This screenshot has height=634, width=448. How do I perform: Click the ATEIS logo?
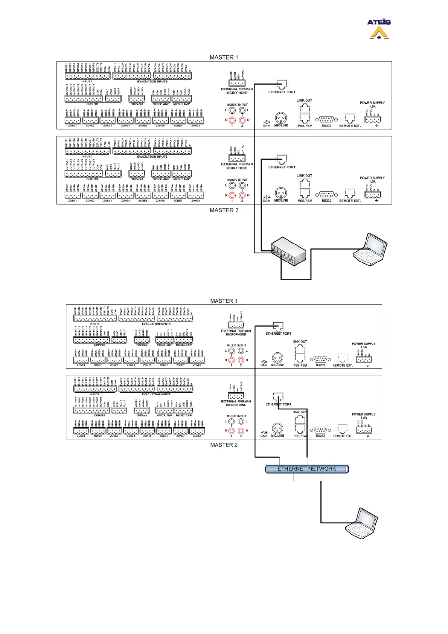click(379, 29)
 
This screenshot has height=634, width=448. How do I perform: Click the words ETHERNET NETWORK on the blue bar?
click(306, 469)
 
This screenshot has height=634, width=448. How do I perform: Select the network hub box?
click(288, 252)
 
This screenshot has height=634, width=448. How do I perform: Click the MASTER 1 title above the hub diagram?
click(224, 57)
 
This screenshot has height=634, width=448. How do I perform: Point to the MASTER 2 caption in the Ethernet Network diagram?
click(224, 445)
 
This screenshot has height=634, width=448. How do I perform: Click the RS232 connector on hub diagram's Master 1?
click(326, 120)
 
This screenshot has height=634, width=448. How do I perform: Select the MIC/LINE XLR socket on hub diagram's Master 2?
click(281, 194)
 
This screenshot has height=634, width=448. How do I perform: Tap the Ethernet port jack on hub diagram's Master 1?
click(282, 85)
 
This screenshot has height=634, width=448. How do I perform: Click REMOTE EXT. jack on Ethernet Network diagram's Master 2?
click(342, 429)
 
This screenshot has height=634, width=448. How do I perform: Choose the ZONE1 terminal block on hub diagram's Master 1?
click(72, 121)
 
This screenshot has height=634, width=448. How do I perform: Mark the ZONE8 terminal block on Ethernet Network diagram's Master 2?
click(197, 431)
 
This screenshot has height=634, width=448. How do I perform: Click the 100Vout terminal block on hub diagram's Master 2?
click(137, 174)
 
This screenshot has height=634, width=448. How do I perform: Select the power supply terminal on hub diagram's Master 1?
click(372, 120)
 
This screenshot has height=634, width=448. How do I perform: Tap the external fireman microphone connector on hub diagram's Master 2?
click(237, 158)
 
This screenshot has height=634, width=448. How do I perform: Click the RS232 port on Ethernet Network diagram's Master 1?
click(320, 359)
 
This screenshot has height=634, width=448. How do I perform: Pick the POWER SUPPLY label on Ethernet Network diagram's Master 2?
click(363, 414)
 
